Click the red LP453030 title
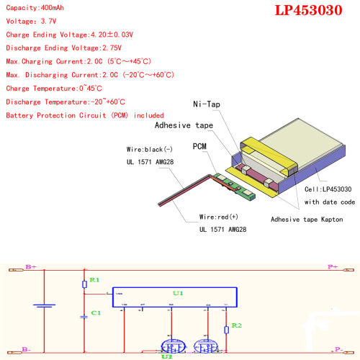click(312, 12)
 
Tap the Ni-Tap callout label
click(207, 104)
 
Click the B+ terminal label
click(30, 266)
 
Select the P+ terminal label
click(333, 266)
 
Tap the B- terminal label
click(26, 349)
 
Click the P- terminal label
click(335, 349)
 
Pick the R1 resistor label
click(94, 279)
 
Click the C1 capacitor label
click(95, 313)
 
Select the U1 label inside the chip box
click(179, 294)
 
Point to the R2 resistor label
click(235, 326)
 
